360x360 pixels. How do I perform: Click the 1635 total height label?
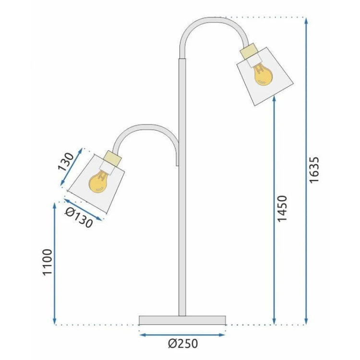(x=314, y=170)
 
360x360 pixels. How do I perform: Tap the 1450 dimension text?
(x=282, y=208)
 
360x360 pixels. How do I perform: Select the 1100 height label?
(x=48, y=262)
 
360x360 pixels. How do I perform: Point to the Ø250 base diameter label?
(x=183, y=344)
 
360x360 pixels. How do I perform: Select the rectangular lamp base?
(x=182, y=320)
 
